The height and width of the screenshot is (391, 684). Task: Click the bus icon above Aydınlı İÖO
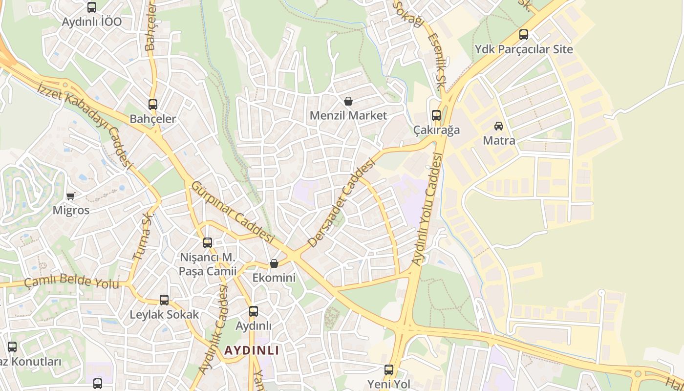[x=92, y=7]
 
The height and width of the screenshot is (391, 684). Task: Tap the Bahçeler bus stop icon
[x=153, y=104]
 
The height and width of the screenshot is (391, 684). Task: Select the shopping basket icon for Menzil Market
[x=348, y=101]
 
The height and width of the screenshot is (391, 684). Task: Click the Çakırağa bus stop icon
[x=436, y=115]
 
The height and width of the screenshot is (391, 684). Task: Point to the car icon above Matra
[x=499, y=126]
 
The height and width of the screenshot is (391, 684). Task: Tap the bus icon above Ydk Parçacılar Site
[x=524, y=35]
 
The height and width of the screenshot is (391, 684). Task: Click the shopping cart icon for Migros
[x=71, y=196]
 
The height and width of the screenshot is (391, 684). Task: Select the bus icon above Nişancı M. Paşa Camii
[x=208, y=242]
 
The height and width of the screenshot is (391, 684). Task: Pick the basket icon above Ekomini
[x=274, y=263]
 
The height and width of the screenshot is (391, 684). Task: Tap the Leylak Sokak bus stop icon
[x=164, y=300]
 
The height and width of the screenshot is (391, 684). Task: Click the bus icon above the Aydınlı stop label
[x=254, y=311]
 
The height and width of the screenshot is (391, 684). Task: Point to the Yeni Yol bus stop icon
[x=389, y=370]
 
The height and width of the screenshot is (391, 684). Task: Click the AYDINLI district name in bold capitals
[x=252, y=350]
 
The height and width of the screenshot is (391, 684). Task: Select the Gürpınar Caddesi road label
[x=232, y=212]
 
